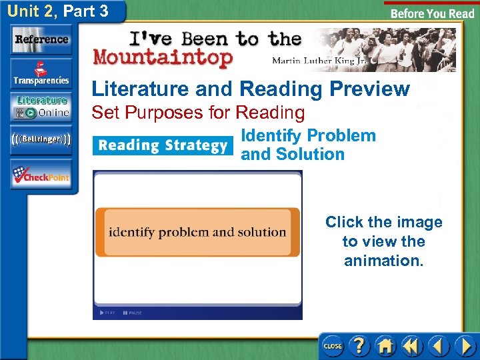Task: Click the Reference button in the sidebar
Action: (x=41, y=39)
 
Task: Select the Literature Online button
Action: (x=41, y=107)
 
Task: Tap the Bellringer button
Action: (x=41, y=140)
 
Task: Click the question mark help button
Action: (x=359, y=345)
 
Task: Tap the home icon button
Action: (x=385, y=345)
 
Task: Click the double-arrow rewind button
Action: (x=412, y=345)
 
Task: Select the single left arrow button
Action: (x=438, y=345)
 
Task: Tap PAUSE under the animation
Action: (x=133, y=313)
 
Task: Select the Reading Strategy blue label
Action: (x=163, y=145)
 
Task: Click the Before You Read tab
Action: (x=431, y=13)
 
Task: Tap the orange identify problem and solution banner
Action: (x=197, y=233)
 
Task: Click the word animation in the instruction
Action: (x=383, y=261)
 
